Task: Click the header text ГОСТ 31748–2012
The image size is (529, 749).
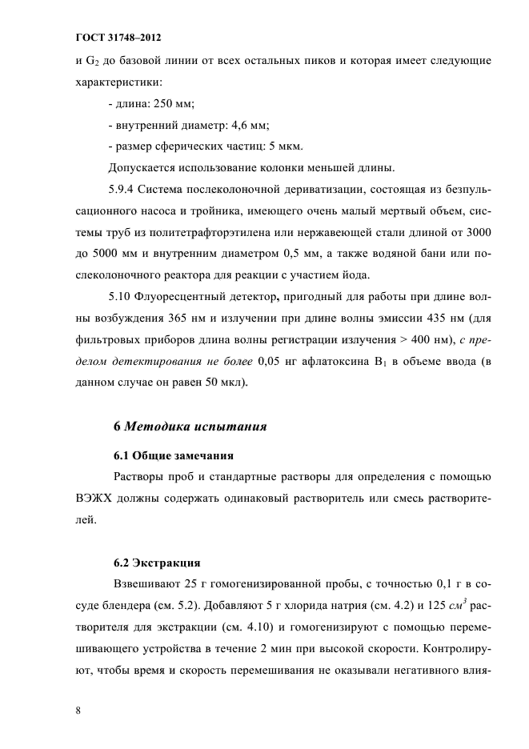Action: click(x=120, y=38)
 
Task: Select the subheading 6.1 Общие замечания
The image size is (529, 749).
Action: click(x=172, y=456)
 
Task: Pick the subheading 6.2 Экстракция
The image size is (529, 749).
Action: click(x=156, y=561)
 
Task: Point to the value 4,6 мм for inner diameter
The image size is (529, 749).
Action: click(x=246, y=126)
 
